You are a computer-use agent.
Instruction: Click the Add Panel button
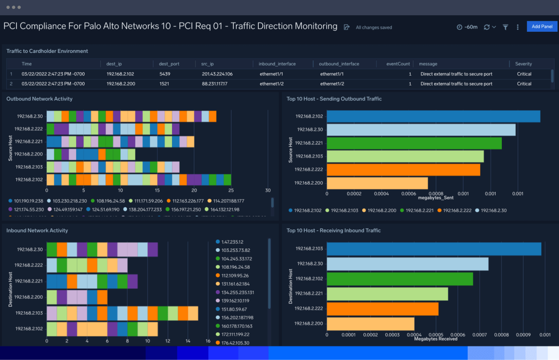(x=542, y=26)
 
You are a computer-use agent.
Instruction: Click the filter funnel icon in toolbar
(x=505, y=27)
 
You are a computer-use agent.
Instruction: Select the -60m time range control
(x=467, y=27)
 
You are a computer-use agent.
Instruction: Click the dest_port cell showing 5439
(x=164, y=74)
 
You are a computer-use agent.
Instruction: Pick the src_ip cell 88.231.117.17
(x=215, y=84)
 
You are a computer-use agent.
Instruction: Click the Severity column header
(x=524, y=64)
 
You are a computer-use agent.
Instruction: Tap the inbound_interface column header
(x=278, y=64)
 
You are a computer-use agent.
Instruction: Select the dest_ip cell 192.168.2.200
(x=120, y=84)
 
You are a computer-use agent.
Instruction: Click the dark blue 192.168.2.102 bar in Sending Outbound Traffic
(x=433, y=116)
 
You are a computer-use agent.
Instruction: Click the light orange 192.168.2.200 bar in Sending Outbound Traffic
(x=377, y=183)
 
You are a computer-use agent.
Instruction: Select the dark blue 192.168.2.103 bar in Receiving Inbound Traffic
(x=434, y=249)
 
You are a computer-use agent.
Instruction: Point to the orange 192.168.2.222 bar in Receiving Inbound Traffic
(x=382, y=309)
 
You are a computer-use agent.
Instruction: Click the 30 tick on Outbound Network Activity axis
(x=268, y=190)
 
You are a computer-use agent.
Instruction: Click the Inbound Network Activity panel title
(x=37, y=230)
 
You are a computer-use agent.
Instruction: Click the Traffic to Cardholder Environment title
(x=47, y=51)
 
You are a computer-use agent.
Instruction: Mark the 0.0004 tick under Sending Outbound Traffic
(x=381, y=194)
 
